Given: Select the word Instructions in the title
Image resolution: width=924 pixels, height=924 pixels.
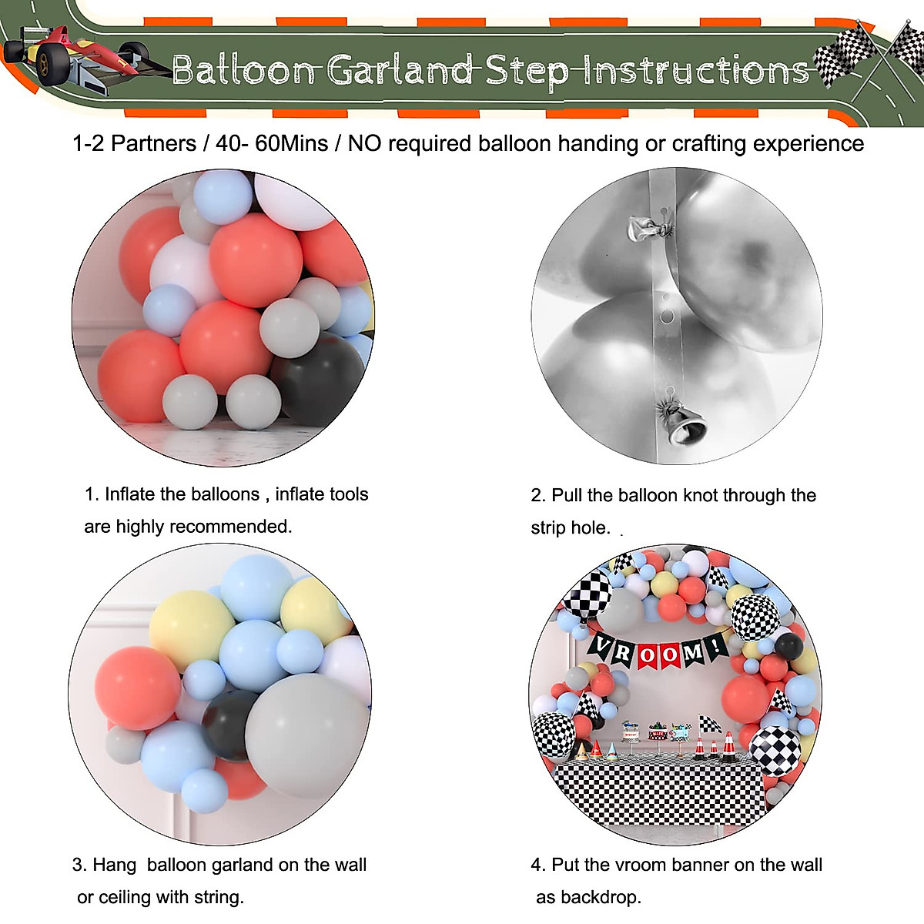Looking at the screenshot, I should tap(697, 70).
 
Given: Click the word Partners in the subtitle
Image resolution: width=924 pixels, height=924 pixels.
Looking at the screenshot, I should tap(154, 143).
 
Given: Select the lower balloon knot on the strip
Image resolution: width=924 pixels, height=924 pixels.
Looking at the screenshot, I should tap(681, 424).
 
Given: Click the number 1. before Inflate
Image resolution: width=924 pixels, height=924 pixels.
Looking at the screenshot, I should tap(92, 494).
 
